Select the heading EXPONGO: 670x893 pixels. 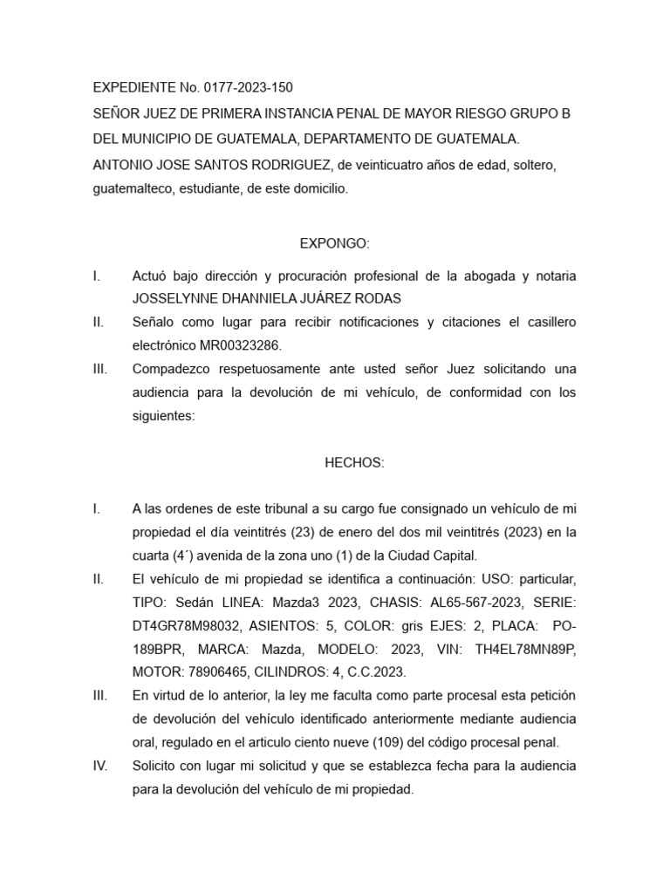click(x=335, y=243)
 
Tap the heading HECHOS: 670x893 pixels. click(x=353, y=463)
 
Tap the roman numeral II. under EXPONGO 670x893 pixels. click(x=99, y=322)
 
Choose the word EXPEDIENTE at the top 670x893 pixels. click(x=133, y=87)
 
